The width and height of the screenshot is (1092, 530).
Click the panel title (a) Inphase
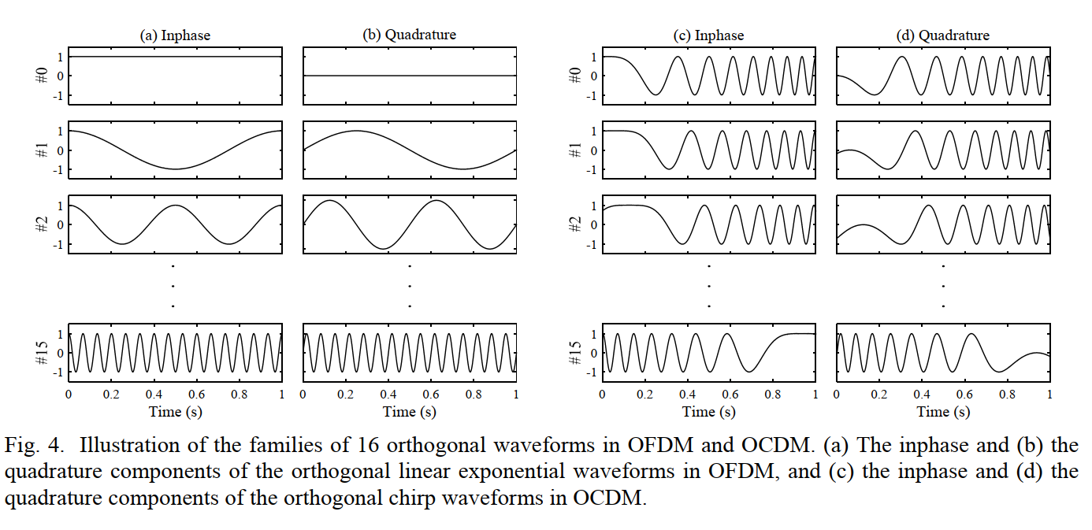tap(175, 35)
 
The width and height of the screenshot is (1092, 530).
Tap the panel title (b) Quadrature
tap(409, 35)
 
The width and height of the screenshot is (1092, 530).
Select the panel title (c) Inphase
tap(708, 35)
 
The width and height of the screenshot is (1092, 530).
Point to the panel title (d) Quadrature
tap(942, 35)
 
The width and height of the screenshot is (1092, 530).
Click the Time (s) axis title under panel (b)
tap(410, 411)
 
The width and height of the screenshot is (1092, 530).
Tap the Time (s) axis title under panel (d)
tap(943, 411)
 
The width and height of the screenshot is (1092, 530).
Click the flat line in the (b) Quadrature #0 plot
tap(410, 76)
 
